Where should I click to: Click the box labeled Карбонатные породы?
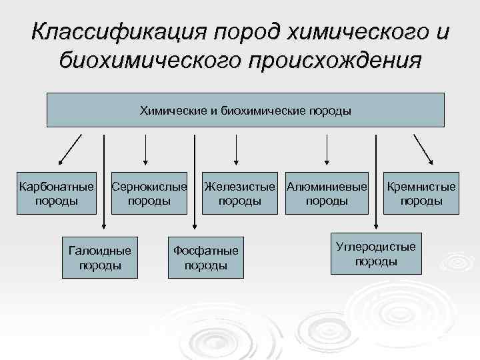(x=57, y=193)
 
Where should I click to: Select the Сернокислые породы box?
(x=149, y=193)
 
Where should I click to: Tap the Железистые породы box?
(x=239, y=193)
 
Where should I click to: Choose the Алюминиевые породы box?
(x=327, y=193)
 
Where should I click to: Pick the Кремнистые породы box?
(x=421, y=193)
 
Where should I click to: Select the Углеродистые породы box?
(x=376, y=253)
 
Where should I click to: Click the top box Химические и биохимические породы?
(x=245, y=110)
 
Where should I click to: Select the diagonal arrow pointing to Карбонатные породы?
(x=70, y=149)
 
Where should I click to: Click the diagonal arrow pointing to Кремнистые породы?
(x=423, y=149)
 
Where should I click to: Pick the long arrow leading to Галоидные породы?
(x=103, y=180)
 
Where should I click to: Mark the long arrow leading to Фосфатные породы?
(x=194, y=180)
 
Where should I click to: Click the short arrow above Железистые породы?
(x=235, y=148)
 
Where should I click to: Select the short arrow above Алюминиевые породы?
(x=326, y=148)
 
